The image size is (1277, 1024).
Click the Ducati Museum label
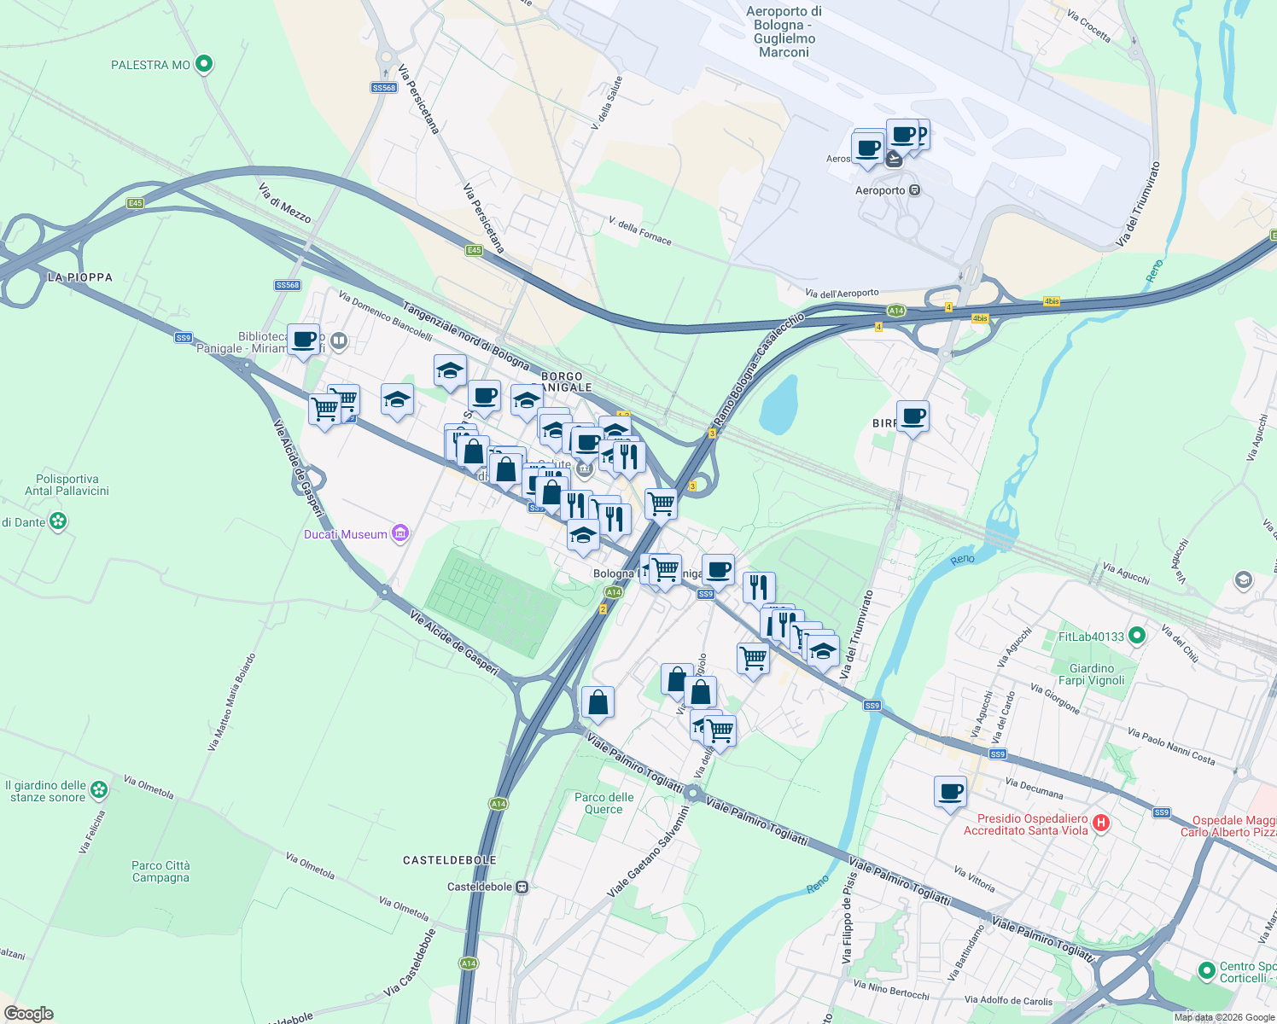346,534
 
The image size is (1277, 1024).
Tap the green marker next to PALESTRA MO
204,64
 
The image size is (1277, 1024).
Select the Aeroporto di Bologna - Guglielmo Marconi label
784,32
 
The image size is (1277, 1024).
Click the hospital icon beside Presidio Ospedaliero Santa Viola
1101,823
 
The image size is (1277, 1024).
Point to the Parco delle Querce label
604,803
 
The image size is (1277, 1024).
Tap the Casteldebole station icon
522,887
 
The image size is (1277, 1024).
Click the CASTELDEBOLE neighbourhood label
450,860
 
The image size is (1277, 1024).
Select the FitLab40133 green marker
1136,636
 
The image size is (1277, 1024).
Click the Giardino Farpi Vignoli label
1092,674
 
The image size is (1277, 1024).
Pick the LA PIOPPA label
80,277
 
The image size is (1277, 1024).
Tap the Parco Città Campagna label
160,871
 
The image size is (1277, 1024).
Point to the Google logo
29,1014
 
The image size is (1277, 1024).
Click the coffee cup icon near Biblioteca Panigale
304,340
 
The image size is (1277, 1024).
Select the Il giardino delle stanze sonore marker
99,790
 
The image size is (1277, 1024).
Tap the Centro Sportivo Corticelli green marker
1206,971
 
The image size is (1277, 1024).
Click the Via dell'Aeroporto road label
842,294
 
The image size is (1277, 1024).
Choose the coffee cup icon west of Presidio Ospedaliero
951,792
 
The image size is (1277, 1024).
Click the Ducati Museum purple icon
400,534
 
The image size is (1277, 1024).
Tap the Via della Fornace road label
640,231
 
